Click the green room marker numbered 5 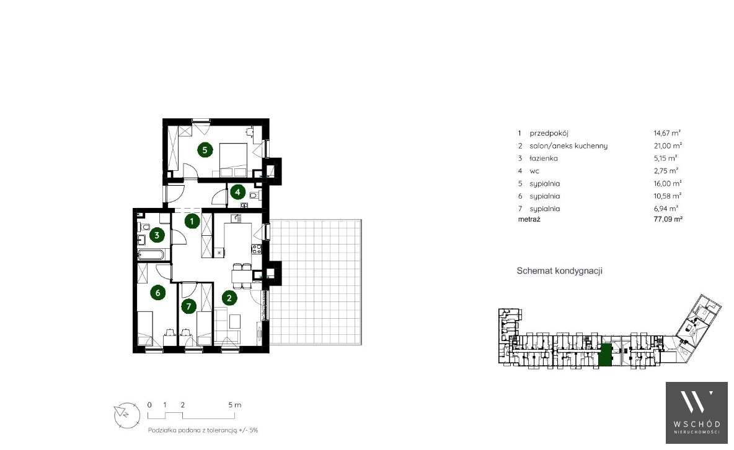(205, 150)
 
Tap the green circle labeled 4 (238, 192)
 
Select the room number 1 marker (192, 220)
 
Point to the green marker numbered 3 (157, 235)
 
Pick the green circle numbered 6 (157, 293)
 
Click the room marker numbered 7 (188, 306)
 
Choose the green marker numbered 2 (229, 298)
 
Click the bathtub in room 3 (151, 255)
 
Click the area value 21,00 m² (668, 146)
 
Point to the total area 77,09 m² (668, 219)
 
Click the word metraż (529, 219)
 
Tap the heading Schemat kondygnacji (559, 271)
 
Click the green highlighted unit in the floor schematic (606, 355)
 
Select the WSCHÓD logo (697, 413)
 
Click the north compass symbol (127, 415)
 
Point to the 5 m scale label (234, 405)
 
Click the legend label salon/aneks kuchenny (568, 146)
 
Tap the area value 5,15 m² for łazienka (665, 158)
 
